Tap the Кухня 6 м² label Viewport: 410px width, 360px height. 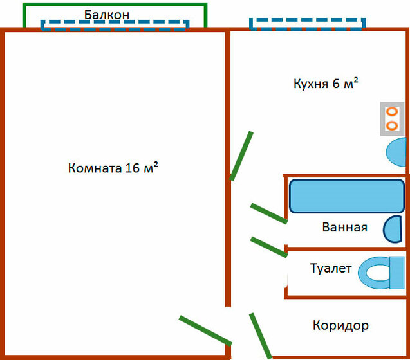click(x=326, y=84)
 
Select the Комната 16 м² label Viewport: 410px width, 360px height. click(x=113, y=168)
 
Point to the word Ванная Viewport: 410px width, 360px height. click(x=344, y=227)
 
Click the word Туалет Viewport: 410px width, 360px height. click(x=331, y=268)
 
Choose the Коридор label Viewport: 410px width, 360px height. click(x=340, y=325)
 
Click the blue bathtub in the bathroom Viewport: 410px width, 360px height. click(x=346, y=196)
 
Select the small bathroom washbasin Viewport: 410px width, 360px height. click(x=393, y=230)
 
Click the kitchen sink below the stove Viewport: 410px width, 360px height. click(x=397, y=153)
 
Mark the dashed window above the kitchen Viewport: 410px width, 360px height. click(x=307, y=24)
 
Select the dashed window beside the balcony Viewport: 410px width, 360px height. click(x=115, y=25)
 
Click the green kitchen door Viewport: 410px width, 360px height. click(x=241, y=156)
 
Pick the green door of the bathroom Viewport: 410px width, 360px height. click(x=268, y=213)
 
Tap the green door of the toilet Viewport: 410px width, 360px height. click(x=268, y=247)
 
